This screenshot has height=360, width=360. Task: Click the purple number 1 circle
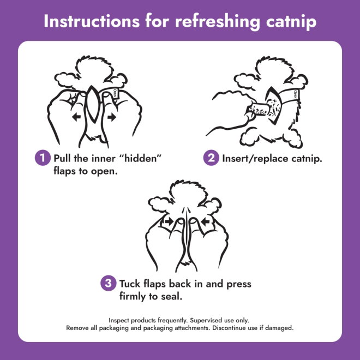(x=43, y=158)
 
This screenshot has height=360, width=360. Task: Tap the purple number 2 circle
(x=211, y=158)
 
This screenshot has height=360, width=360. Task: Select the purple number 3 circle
(x=109, y=283)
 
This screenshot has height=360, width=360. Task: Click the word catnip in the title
(x=291, y=22)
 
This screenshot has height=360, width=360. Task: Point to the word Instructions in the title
(x=92, y=21)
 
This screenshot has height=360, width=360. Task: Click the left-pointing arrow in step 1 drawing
(x=76, y=117)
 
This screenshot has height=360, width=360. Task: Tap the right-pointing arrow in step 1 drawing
(x=112, y=117)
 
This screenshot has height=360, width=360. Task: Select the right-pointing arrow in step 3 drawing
(x=169, y=221)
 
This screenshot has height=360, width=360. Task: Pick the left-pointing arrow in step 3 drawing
(x=205, y=221)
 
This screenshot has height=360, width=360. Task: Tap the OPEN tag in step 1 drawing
(x=115, y=93)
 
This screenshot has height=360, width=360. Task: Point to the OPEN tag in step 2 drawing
(x=295, y=94)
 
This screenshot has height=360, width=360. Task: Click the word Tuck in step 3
(x=130, y=284)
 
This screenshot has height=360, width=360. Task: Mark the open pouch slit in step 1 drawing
(x=93, y=103)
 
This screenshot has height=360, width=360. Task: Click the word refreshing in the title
(x=218, y=22)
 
